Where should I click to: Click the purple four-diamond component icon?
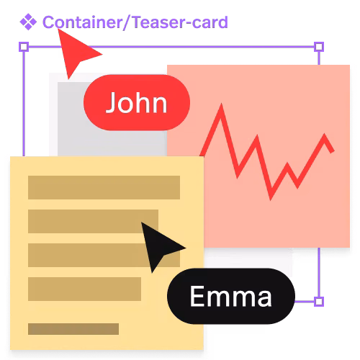[x=28, y=22]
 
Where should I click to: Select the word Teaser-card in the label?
[x=180, y=22]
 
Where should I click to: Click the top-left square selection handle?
[x=24, y=47]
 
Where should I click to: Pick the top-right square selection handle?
[x=319, y=47]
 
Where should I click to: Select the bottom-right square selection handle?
[x=319, y=302]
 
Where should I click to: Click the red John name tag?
[x=137, y=103]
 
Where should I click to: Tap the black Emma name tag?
[x=231, y=296]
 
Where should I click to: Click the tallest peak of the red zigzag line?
[x=221, y=105]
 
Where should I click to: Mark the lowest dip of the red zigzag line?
[x=271, y=199]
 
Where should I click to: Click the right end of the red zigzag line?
[x=333, y=151]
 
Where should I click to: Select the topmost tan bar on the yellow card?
[x=104, y=187]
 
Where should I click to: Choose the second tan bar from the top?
[x=93, y=221]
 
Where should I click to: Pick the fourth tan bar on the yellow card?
[x=84, y=289]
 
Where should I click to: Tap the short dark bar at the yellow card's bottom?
[x=73, y=329]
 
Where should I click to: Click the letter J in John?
[x=111, y=103]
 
